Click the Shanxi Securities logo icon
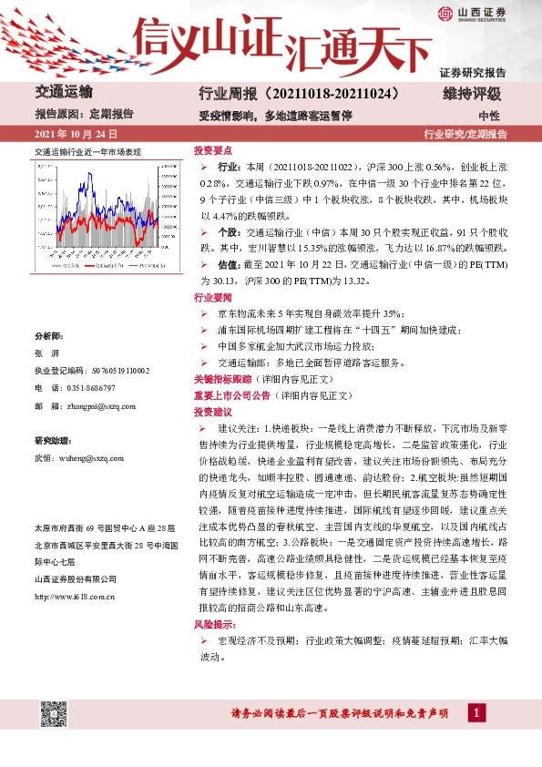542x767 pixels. coord(445,13)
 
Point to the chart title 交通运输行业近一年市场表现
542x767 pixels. coord(87,152)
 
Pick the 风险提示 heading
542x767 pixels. coord(212,624)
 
